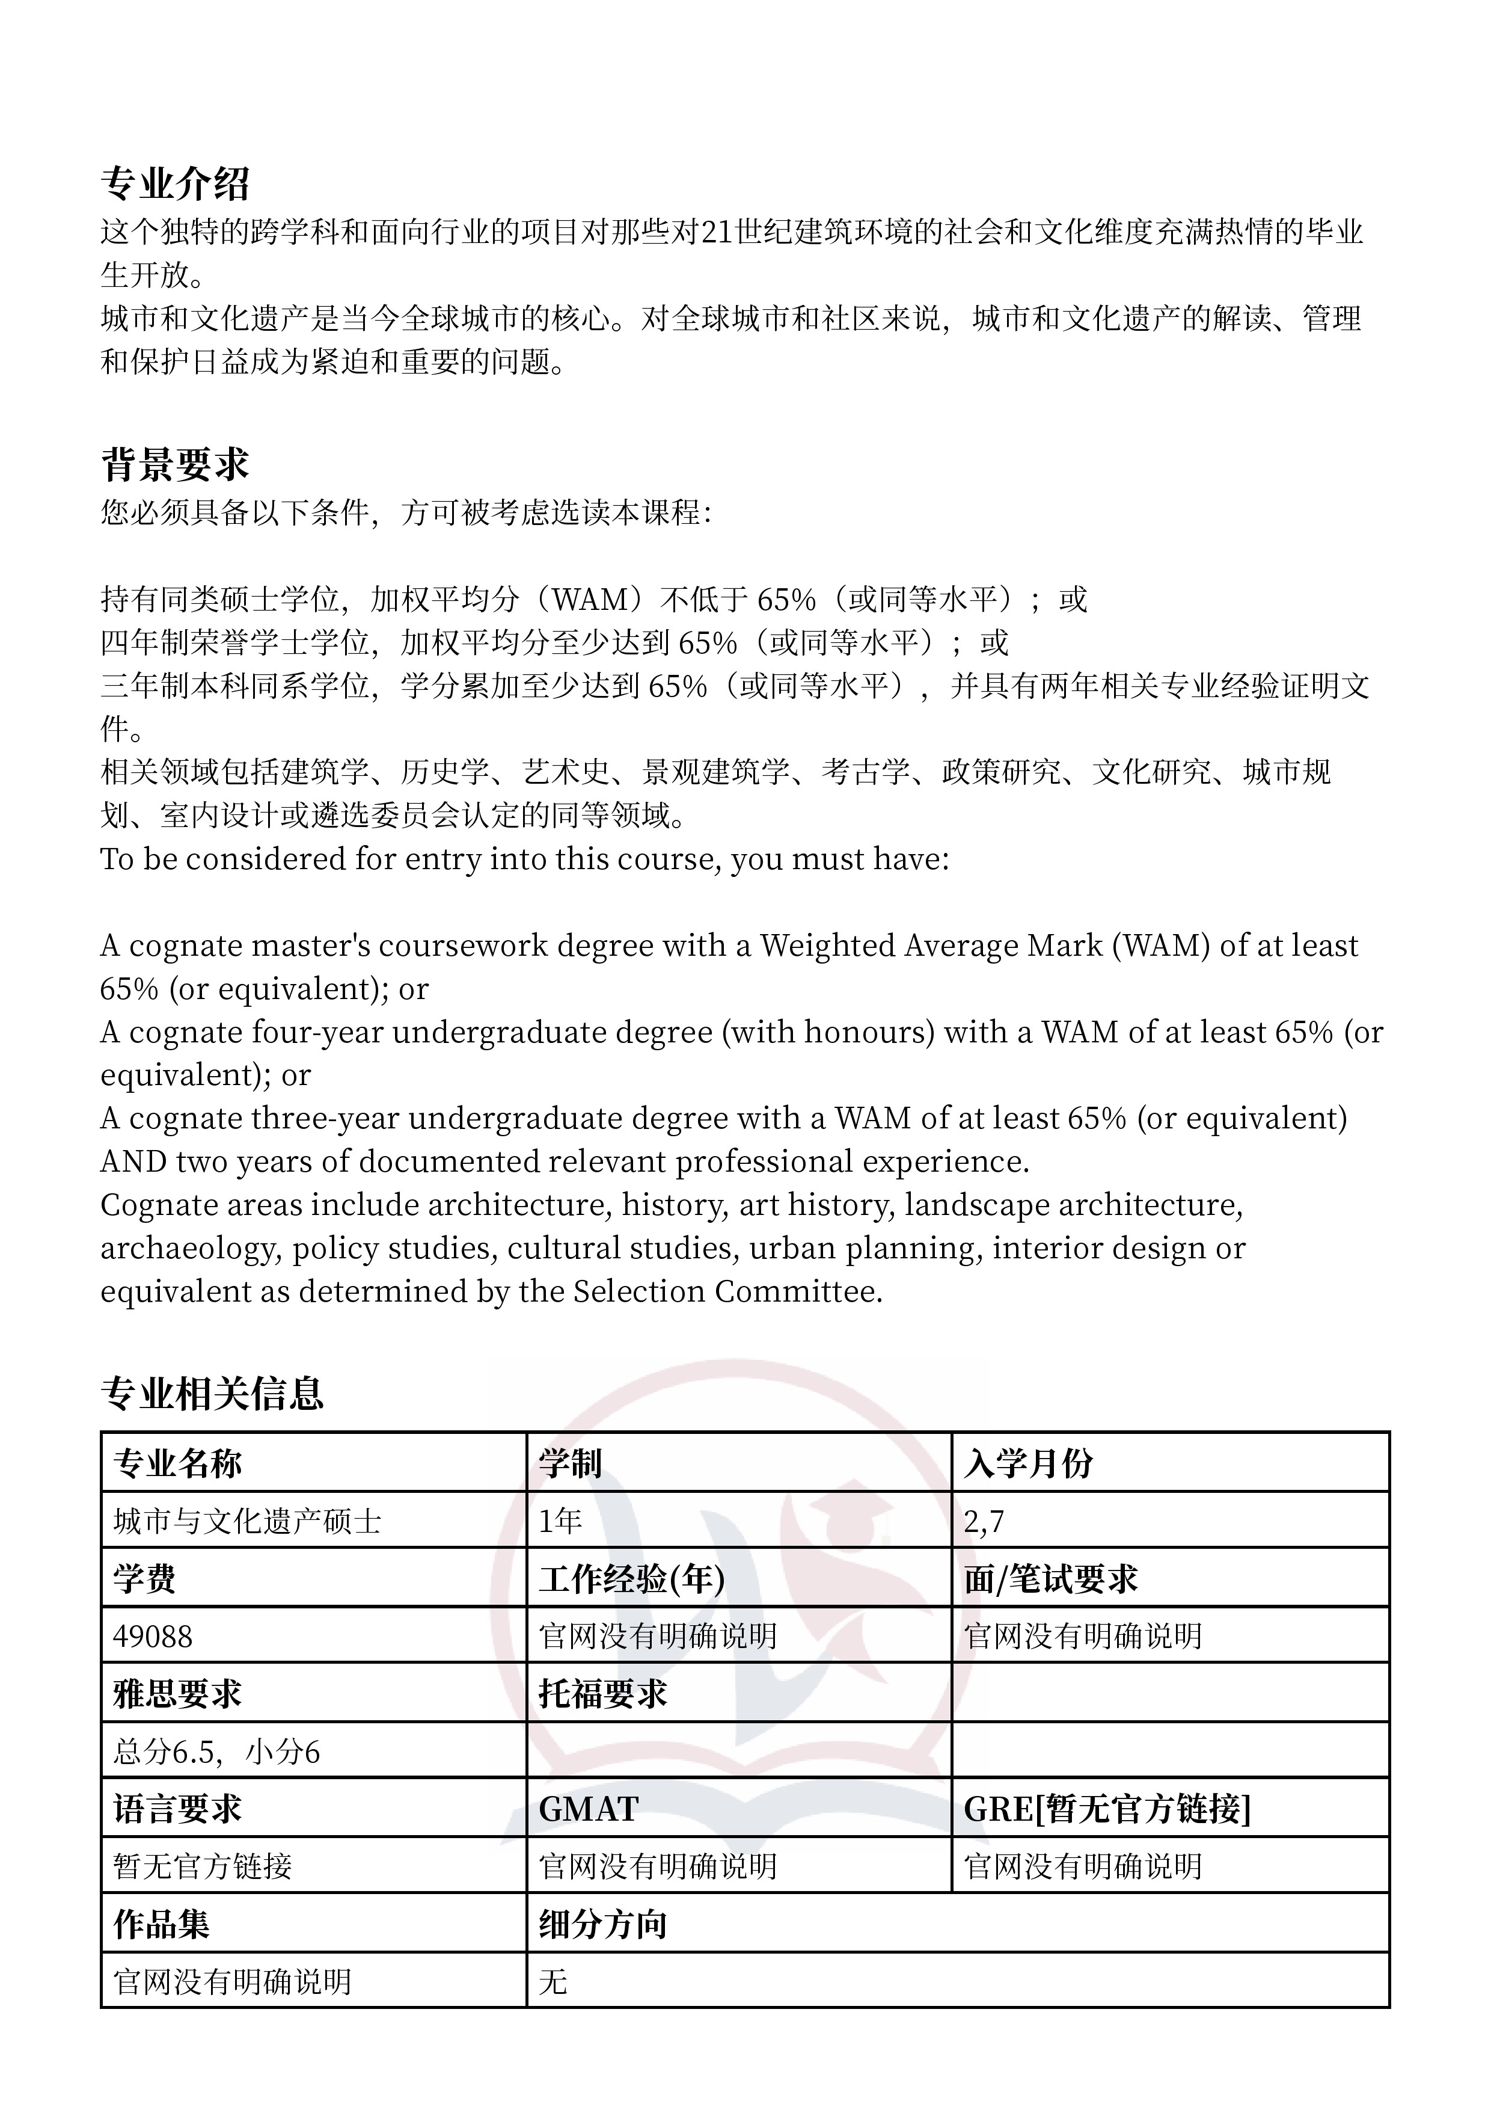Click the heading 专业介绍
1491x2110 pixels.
[174, 184]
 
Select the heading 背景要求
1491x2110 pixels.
[174, 465]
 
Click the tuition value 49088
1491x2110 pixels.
[153, 1637]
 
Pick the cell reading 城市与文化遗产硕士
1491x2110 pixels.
[246, 1521]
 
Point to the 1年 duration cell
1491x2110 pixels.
[560, 1521]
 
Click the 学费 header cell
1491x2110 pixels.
[144, 1579]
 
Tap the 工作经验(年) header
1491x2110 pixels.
[631, 1579]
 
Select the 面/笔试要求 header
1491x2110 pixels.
[1050, 1579]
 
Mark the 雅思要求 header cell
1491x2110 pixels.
[176, 1694]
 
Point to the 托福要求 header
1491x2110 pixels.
[602, 1694]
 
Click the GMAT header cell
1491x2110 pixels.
[588, 1809]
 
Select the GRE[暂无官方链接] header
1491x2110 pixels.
[1106, 1809]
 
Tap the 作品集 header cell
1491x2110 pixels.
[161, 1924]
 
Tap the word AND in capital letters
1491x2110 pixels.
[132, 1161]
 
